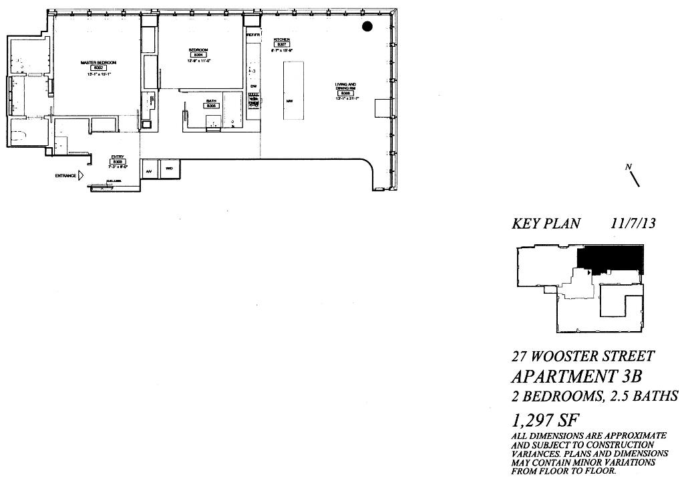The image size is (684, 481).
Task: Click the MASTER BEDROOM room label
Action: tap(98, 62)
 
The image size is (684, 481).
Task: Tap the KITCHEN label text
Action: tap(281, 40)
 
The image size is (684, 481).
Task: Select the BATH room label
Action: tap(210, 102)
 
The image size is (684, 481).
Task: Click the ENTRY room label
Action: tap(118, 158)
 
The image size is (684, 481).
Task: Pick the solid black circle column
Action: tap(367, 26)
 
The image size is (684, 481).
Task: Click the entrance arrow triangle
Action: tap(81, 176)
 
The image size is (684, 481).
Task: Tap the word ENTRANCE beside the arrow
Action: tap(65, 176)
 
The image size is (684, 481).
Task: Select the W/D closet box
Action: tap(169, 169)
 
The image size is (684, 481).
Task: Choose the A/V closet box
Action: tap(149, 171)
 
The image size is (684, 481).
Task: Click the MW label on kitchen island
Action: tap(290, 101)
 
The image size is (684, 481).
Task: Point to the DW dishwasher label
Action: tap(253, 86)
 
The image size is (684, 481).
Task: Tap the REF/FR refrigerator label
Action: tap(252, 34)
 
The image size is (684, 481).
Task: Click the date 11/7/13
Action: tap(633, 223)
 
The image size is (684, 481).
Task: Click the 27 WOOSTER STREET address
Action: tap(583, 356)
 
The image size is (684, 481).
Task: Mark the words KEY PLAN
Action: tap(546, 224)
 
